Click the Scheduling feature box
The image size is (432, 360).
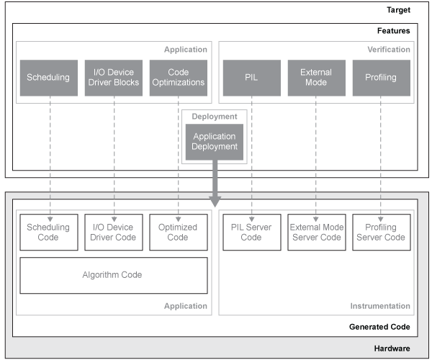(x=48, y=78)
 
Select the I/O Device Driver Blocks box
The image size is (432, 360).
(x=113, y=78)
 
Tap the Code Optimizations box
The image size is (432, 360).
(x=178, y=78)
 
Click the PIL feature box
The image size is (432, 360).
(x=251, y=78)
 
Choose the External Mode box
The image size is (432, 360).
(x=316, y=78)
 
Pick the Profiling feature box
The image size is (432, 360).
(x=381, y=78)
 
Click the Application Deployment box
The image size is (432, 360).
(x=214, y=142)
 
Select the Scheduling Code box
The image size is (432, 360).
(x=48, y=232)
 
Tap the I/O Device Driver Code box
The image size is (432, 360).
(x=113, y=232)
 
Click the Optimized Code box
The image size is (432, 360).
(x=178, y=232)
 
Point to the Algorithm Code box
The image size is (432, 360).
(x=113, y=275)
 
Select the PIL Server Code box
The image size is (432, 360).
(x=251, y=232)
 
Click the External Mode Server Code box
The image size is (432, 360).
(x=316, y=232)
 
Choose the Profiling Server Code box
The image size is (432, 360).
(x=381, y=232)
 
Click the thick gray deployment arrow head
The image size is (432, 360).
(x=215, y=202)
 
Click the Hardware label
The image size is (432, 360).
(x=392, y=348)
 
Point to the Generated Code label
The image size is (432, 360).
(x=380, y=327)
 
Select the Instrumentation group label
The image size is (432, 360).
(x=379, y=306)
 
